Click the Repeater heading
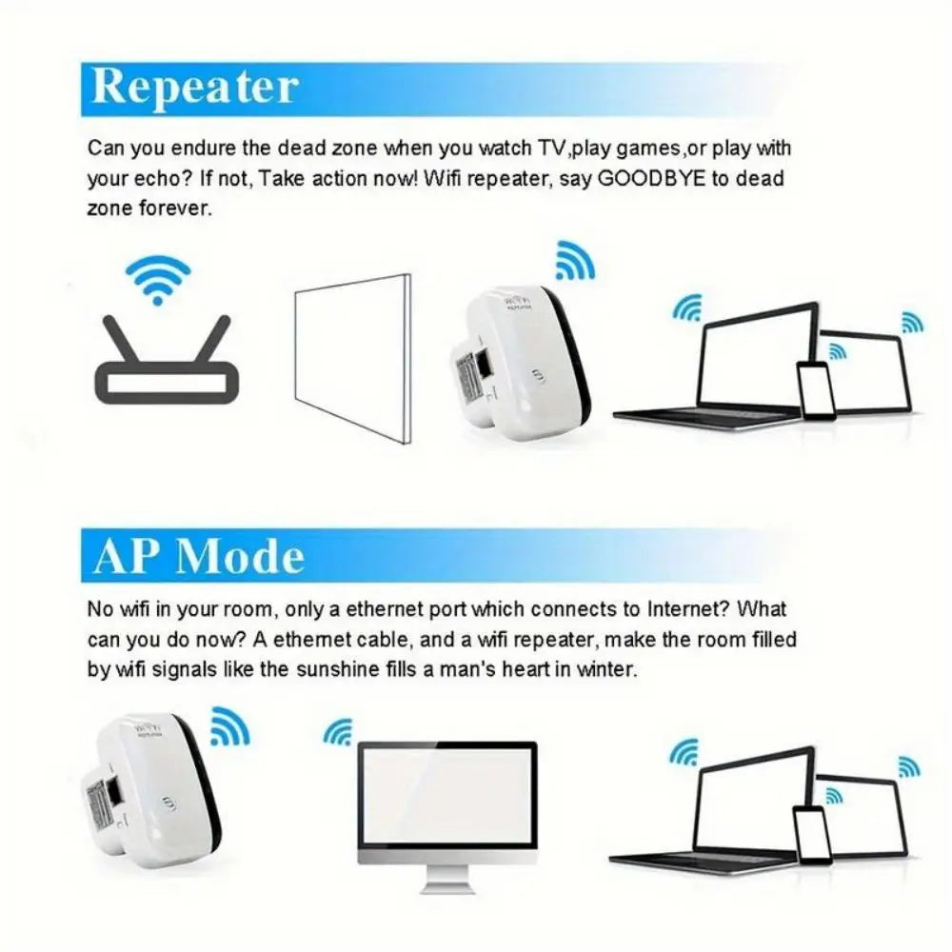pos(195,88)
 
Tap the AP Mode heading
pos(199,556)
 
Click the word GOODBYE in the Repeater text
pos(651,178)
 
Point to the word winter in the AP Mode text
pos(603,669)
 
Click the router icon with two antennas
pos(163,367)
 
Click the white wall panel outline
pos(352,358)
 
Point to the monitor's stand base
pos(446,886)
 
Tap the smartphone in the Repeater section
pos(816,391)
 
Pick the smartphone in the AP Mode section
pos(811,836)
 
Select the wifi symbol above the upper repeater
pos(574,259)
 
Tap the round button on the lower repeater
pos(169,803)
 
